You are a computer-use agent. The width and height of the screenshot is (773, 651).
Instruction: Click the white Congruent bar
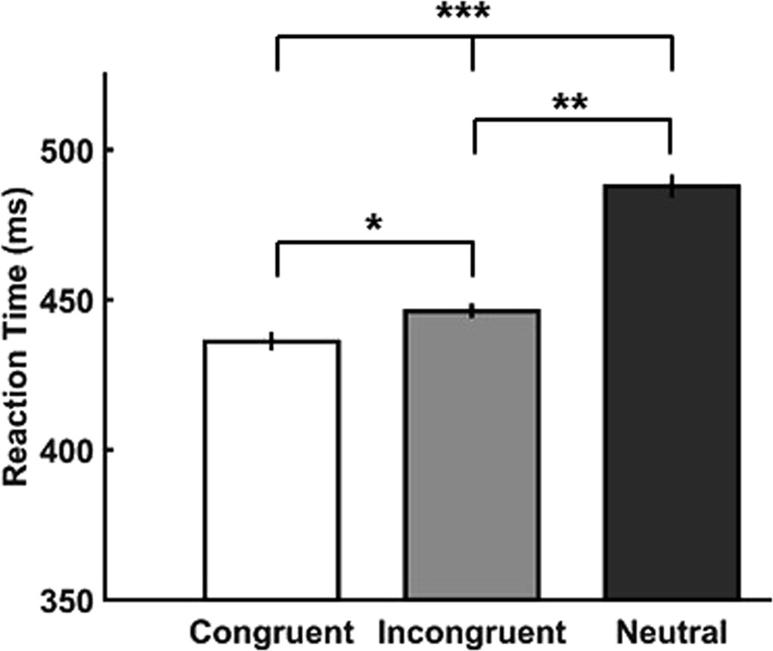click(272, 471)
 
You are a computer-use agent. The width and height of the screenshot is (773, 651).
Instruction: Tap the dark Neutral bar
click(671, 393)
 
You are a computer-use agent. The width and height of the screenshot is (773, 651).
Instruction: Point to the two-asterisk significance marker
click(571, 104)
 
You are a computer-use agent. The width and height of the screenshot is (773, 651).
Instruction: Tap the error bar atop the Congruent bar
click(272, 341)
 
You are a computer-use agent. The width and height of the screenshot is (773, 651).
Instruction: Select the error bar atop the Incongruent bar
click(474, 310)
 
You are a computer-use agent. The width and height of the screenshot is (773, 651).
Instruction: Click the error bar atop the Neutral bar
click(671, 185)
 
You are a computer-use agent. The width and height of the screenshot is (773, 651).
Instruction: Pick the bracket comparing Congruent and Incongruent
click(374, 245)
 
